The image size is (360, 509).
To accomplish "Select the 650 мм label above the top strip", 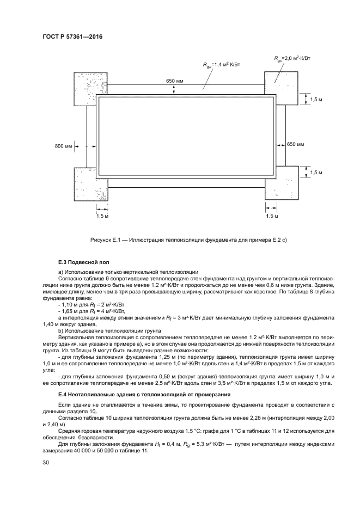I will (175, 81).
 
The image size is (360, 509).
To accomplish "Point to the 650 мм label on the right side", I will (295, 144).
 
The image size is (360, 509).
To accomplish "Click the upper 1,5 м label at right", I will (316, 100).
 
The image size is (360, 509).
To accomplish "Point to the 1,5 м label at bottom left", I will (102, 216).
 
